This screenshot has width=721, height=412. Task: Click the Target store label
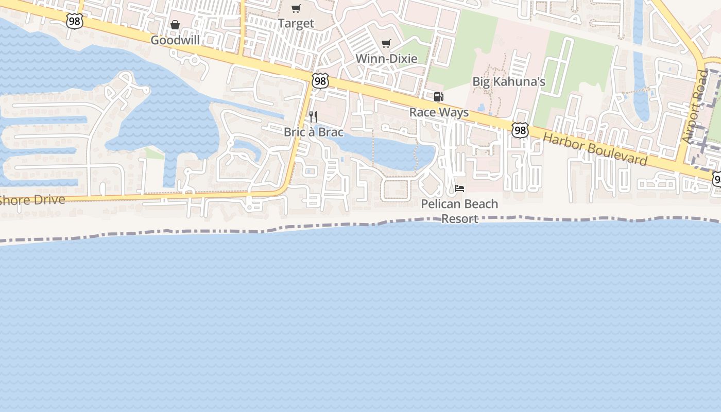[296, 23]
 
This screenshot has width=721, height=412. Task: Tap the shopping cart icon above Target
[296, 8]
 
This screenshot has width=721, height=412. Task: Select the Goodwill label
[175, 40]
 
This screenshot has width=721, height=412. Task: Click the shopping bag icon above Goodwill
[175, 25]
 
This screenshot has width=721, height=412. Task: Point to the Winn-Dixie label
[386, 59]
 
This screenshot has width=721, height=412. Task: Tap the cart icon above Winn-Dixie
[386, 43]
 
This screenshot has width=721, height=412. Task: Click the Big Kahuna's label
[509, 82]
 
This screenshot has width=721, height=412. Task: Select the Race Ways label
[439, 112]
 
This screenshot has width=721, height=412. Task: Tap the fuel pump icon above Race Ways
[439, 97]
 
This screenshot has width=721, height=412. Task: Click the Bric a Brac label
[313, 132]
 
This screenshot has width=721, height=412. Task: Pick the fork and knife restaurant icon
[313, 117]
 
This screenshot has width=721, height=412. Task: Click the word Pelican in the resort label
[439, 204]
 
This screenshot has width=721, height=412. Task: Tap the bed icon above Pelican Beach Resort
[459, 188]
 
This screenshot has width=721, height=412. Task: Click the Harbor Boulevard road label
[595, 149]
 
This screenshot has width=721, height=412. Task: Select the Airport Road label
[695, 107]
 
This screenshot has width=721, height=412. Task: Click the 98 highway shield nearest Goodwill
[75, 21]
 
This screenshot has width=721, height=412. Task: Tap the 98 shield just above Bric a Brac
[320, 81]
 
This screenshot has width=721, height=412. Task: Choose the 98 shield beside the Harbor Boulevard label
[520, 130]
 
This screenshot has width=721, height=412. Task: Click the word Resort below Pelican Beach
[460, 219]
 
